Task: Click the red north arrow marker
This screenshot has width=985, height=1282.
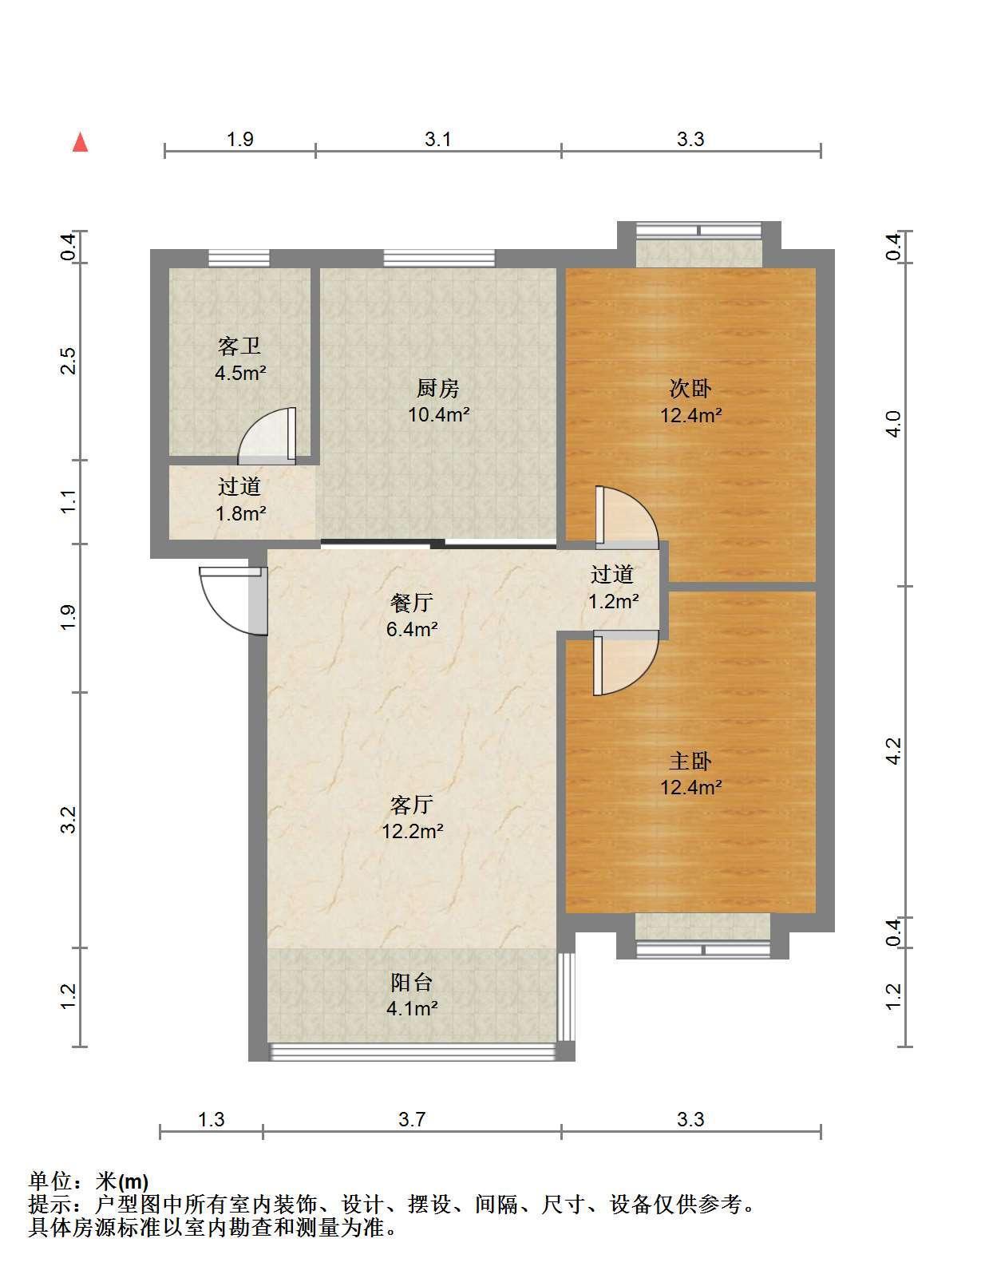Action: pyautogui.click(x=80, y=142)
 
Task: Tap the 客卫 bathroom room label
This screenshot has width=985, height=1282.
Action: pyautogui.click(x=239, y=346)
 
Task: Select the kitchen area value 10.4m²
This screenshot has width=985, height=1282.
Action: pyautogui.click(x=439, y=415)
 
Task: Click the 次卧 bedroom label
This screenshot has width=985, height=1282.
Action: pyautogui.click(x=690, y=388)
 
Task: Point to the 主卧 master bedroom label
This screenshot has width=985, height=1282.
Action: pyautogui.click(x=690, y=761)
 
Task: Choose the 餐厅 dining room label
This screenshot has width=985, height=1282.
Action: pyautogui.click(x=412, y=603)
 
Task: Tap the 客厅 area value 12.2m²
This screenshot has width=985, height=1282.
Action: pyautogui.click(x=413, y=831)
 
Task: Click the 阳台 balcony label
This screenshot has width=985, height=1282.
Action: pyautogui.click(x=412, y=983)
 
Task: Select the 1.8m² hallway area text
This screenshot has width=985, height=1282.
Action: pyautogui.click(x=240, y=514)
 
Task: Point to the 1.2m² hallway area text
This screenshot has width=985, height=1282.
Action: pyautogui.click(x=613, y=601)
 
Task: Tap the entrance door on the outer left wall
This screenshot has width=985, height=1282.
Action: pyautogui.click(x=234, y=600)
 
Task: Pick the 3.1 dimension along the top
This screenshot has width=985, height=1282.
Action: pyautogui.click(x=437, y=139)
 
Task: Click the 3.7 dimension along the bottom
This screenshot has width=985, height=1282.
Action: pyautogui.click(x=412, y=1119)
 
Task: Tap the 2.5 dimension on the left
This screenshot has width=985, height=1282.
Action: pyautogui.click(x=69, y=361)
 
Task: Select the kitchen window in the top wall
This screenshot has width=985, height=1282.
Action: pyautogui.click(x=439, y=258)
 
